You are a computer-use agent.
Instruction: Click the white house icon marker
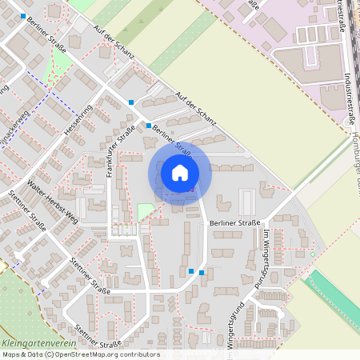point(180,173)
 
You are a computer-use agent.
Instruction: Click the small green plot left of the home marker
point(145,212)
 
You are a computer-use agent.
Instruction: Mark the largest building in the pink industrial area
point(317,60)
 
